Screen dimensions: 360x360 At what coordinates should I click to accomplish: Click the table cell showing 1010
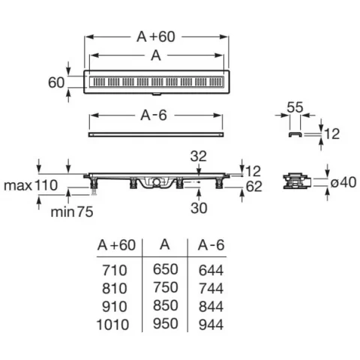point(112,325)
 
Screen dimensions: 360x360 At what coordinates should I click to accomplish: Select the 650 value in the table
point(166,269)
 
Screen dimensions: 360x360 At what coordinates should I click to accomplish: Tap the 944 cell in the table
point(211,325)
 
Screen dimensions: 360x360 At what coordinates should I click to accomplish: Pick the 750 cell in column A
point(166,287)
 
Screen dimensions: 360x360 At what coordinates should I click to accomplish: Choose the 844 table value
point(211,307)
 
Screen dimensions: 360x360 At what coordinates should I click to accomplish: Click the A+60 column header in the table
point(116,245)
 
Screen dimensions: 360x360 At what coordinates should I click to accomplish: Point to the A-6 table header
point(211,245)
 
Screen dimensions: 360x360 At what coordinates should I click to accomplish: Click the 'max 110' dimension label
point(31,185)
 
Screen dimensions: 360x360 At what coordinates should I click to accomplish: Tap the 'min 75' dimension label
point(72,212)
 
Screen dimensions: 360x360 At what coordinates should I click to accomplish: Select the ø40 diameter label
point(343,182)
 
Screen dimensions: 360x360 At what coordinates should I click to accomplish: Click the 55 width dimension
point(295,107)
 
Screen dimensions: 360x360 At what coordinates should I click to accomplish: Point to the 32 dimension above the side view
point(199,156)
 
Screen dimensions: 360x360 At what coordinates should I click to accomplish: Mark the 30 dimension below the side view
point(199,208)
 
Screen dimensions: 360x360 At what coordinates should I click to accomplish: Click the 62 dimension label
point(254,187)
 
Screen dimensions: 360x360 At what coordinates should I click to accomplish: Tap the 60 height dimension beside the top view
point(56,82)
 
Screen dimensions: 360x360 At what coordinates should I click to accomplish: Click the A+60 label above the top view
point(156,37)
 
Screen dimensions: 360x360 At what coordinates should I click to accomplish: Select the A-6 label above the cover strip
point(154,115)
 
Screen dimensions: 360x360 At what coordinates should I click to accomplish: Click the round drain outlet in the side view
point(157,181)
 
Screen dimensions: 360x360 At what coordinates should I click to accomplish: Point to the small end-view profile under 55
point(295,134)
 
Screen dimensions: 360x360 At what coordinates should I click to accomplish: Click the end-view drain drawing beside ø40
point(297,181)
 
